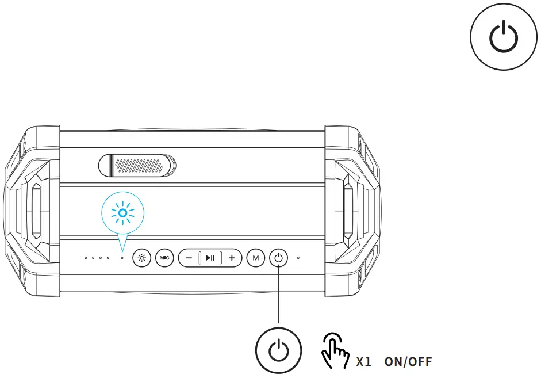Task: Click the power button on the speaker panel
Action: pyautogui.click(x=278, y=258)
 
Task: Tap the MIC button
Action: pyautogui.click(x=164, y=258)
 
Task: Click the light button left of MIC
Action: pyautogui.click(x=141, y=258)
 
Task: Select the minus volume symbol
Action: pyautogui.click(x=189, y=258)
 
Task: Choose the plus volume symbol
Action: pyautogui.click(x=232, y=258)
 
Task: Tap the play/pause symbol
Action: pyautogui.click(x=210, y=258)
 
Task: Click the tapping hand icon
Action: pyautogui.click(x=333, y=350)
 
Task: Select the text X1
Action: pyautogui.click(x=363, y=362)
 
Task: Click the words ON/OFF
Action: pyautogui.click(x=408, y=362)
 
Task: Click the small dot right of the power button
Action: pyautogui.click(x=298, y=258)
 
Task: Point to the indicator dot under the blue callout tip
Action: pyautogui.click(x=122, y=258)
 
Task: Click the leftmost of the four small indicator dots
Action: pyautogui.click(x=86, y=258)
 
